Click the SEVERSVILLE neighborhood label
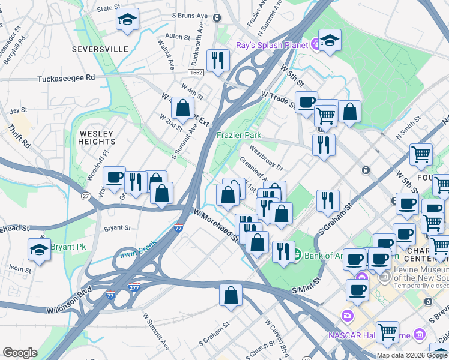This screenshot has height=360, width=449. click(100, 49)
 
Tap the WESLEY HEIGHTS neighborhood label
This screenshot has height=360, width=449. click(96, 137)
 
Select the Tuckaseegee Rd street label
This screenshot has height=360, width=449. click(66, 78)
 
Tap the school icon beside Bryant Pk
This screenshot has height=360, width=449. click(40, 249)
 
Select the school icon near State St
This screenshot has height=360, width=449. click(127, 19)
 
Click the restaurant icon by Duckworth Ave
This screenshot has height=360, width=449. click(217, 59)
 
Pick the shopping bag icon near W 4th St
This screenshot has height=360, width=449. click(182, 107)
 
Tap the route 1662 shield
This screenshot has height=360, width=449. click(195, 73)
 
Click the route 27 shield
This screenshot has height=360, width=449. click(86, 196)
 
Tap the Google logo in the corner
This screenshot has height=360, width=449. click(20, 353)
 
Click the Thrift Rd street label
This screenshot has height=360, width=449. click(19, 137)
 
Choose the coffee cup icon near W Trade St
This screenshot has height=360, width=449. click(306, 102)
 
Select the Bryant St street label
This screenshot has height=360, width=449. click(118, 228)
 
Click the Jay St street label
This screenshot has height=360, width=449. click(19, 110)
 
